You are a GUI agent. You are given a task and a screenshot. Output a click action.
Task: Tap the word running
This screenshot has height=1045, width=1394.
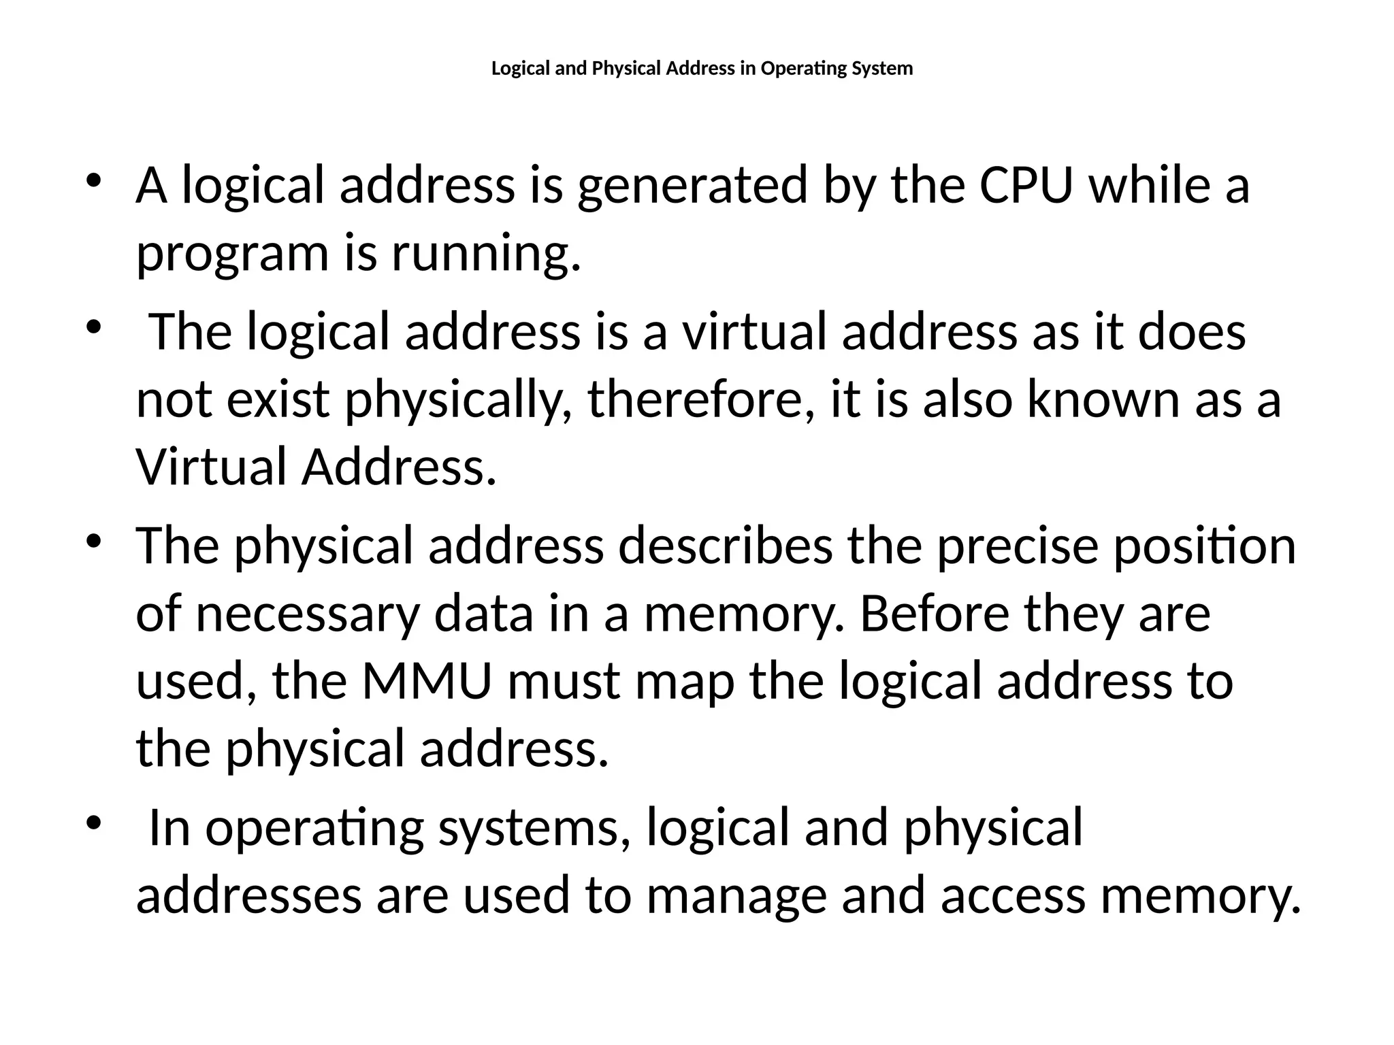point(486,254)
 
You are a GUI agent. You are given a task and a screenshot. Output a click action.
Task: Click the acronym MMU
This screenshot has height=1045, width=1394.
point(426,681)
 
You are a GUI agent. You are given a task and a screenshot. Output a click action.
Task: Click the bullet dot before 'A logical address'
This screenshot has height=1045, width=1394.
point(93,181)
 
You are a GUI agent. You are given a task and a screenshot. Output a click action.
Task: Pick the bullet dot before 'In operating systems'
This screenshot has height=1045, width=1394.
point(93,823)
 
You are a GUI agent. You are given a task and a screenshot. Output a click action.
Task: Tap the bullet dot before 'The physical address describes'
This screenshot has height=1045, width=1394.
point(93,542)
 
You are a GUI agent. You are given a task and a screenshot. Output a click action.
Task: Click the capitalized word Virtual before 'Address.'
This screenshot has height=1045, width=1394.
point(211,467)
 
